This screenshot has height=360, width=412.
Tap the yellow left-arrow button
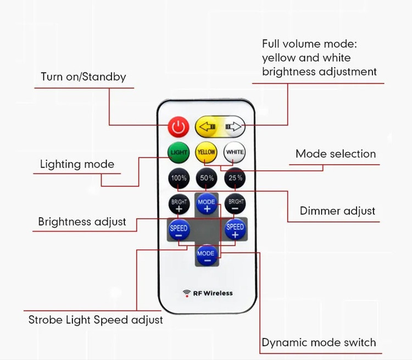click(207, 127)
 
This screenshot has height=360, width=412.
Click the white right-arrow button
click(233, 127)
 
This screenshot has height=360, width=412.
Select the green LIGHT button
click(179, 152)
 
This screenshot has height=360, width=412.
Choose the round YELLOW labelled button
click(206, 152)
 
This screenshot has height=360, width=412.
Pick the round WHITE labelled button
click(235, 152)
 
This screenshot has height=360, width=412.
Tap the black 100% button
click(179, 178)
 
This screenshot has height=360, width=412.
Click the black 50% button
click(207, 178)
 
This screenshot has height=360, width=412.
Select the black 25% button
click(235, 178)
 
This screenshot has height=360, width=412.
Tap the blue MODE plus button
click(207, 203)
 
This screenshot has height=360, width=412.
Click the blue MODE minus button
click(207, 255)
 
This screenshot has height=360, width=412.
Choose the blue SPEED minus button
click(179, 229)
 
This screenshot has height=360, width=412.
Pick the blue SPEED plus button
click(235, 229)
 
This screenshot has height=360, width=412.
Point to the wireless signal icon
click(187, 293)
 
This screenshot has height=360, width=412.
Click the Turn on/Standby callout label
click(83, 77)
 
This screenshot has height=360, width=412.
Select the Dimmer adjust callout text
click(337, 211)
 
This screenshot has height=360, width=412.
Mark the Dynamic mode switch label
click(319, 342)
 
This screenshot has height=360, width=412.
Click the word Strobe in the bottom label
click(46, 320)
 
